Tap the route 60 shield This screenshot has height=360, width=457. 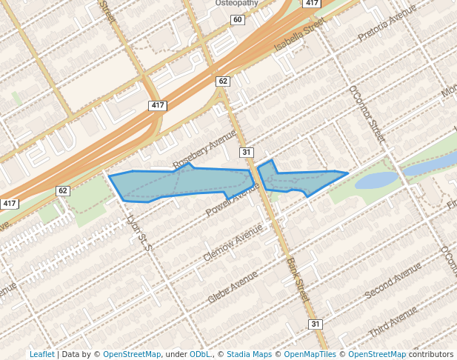237,19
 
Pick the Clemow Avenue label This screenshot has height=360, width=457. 233,244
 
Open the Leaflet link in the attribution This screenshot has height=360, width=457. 41,354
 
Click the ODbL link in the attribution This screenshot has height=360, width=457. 199,354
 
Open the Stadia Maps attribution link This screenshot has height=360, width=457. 249,354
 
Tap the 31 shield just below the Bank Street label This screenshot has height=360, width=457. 316,324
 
